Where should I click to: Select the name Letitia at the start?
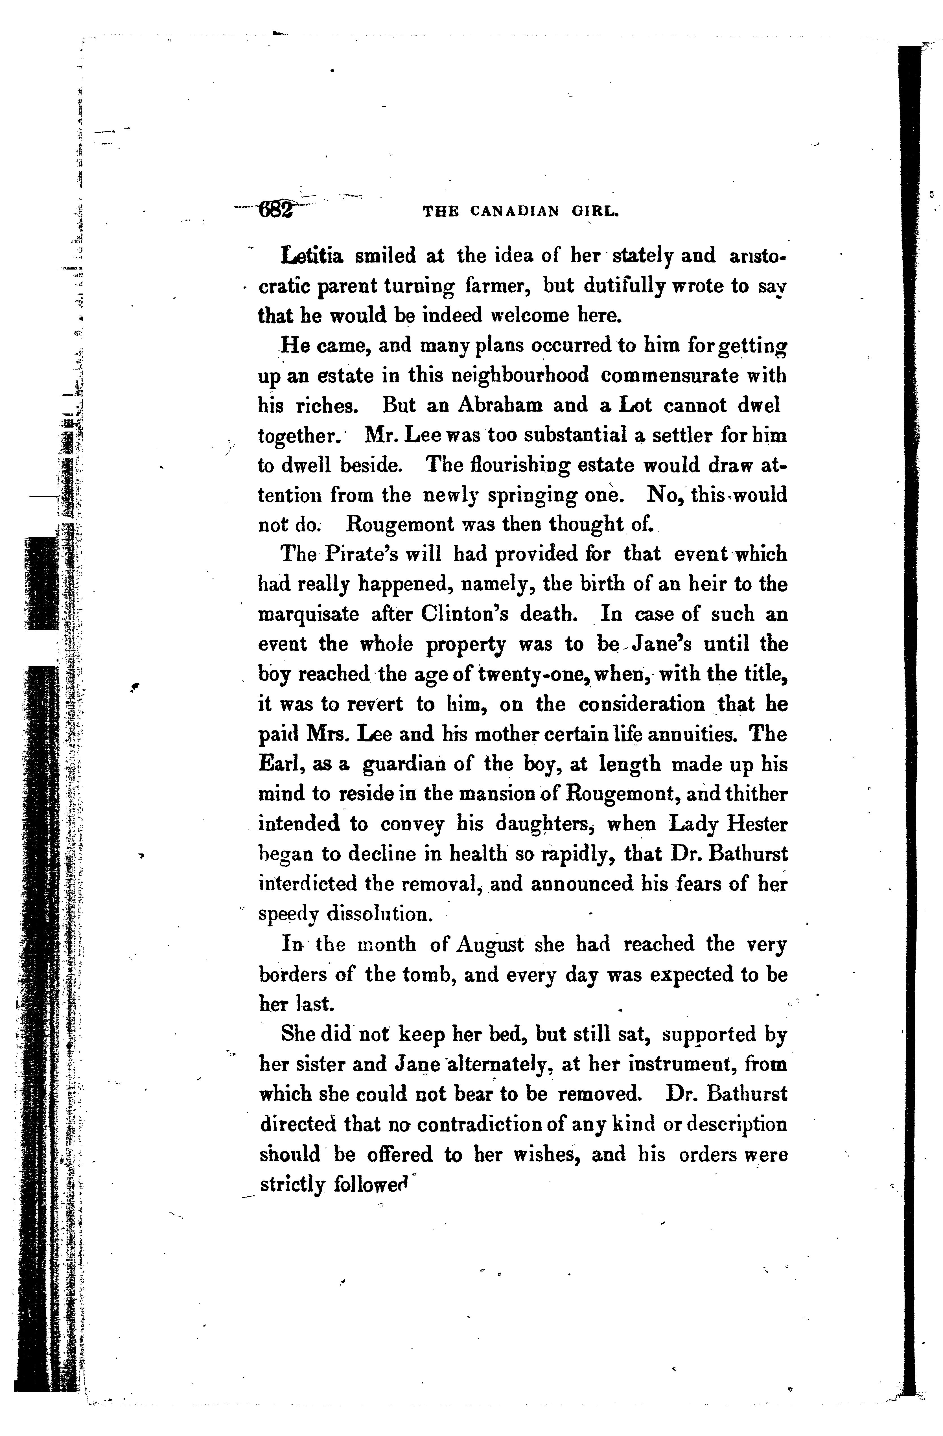click(312, 257)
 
